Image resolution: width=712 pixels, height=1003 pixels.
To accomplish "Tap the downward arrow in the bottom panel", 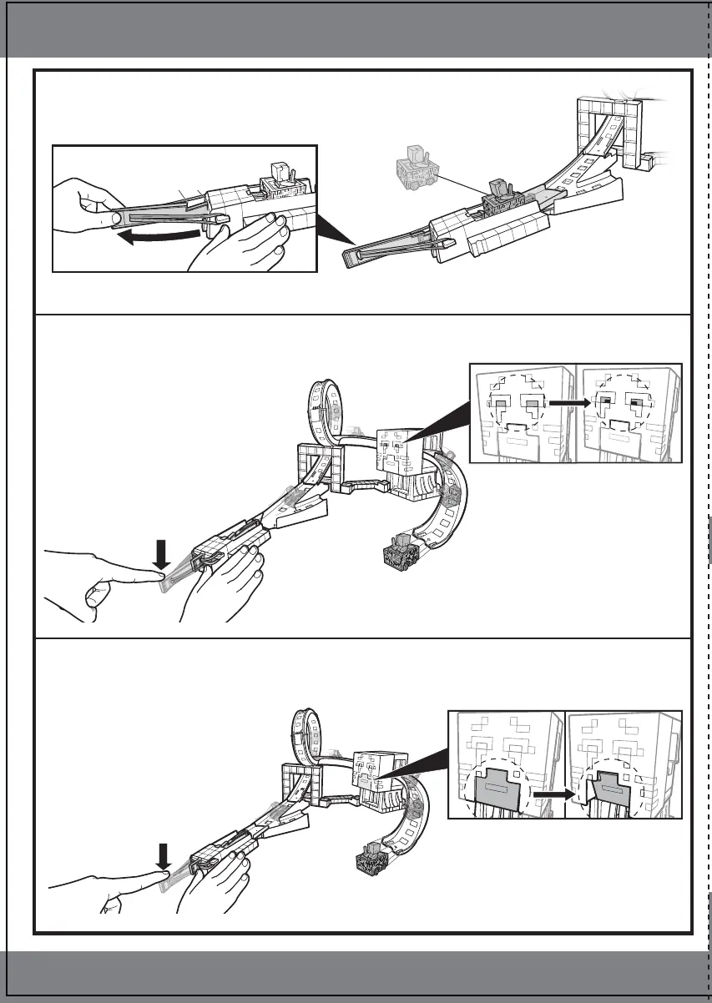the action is [x=164, y=855].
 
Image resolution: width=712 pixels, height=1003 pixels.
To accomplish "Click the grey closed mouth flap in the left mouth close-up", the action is [x=500, y=788].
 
